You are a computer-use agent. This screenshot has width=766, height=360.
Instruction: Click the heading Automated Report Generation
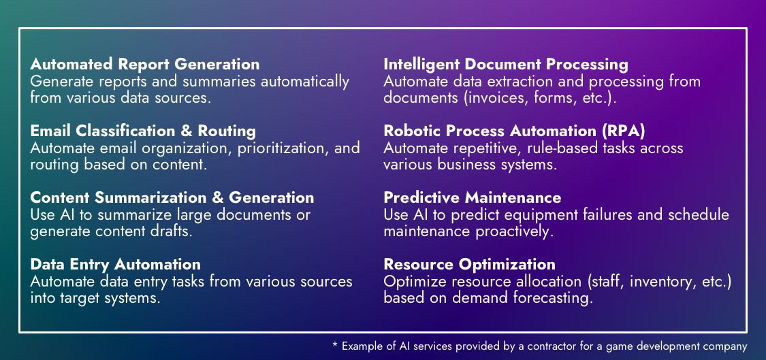pos(144,65)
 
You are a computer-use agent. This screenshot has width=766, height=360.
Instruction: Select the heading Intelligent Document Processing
pos(505,65)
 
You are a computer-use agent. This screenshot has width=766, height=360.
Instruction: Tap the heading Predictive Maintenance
pos(472,198)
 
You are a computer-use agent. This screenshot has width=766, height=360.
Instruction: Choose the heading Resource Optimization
pos(469,264)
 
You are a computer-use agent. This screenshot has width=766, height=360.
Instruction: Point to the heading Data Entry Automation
pos(115,264)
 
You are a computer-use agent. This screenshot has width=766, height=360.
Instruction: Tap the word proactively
pos(518,231)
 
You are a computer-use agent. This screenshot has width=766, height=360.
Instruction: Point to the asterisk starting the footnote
pos(335,345)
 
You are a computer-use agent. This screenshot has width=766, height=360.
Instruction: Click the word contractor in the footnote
pos(539,346)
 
